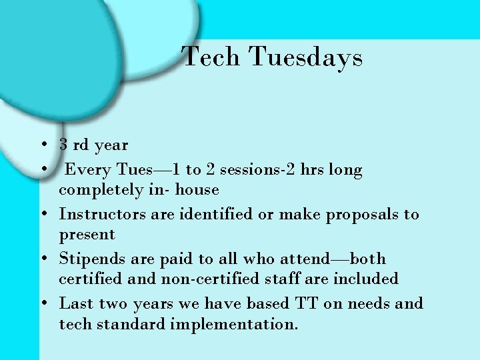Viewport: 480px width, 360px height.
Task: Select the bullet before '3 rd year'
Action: pos(43,145)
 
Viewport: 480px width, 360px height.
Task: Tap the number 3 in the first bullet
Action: pos(63,144)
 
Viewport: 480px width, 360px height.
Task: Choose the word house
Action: pos(197,189)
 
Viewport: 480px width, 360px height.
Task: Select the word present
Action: pos(87,235)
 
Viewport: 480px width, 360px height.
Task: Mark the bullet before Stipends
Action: pos(43,259)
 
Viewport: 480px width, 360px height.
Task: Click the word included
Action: pos(368,279)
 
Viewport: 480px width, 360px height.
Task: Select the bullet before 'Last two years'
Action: pos(43,303)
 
